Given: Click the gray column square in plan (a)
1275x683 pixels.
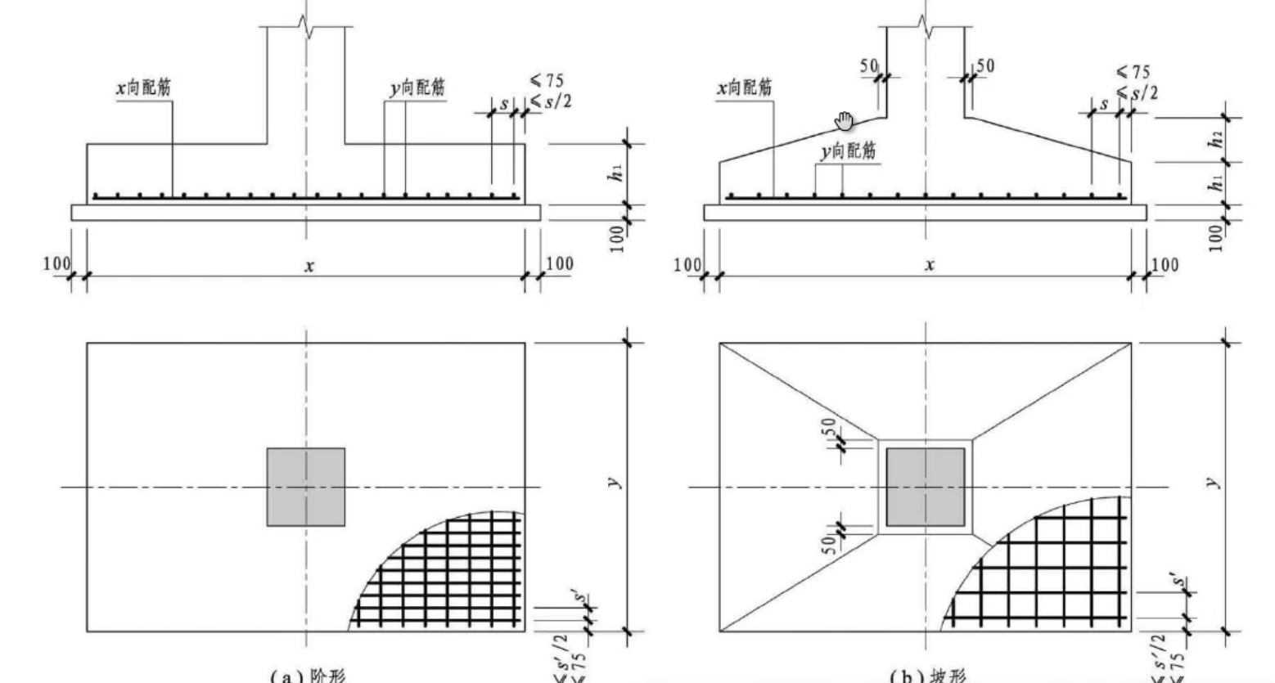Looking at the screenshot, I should click(305, 487).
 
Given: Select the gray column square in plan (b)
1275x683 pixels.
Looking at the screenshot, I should click(926, 487).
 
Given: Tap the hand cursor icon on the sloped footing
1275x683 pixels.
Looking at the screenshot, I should click(843, 121).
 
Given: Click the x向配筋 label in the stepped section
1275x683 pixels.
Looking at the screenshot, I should click(144, 88).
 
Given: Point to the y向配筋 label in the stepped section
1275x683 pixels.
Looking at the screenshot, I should click(417, 88).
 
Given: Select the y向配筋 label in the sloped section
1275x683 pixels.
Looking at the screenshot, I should click(848, 151).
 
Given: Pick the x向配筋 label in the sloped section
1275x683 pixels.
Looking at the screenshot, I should click(744, 88).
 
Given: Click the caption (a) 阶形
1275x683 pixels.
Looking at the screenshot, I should click(308, 676).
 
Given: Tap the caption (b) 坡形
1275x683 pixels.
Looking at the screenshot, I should click(927, 676).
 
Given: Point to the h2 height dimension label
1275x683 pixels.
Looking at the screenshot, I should click(1218, 140).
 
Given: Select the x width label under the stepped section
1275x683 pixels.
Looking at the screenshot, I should click(309, 265).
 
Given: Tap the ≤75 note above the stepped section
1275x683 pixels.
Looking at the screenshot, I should click(546, 80).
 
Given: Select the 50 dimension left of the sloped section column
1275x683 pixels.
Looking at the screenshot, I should click(869, 65).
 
